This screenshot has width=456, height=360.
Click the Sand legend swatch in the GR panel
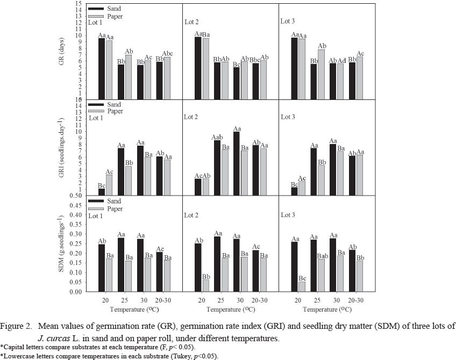96,9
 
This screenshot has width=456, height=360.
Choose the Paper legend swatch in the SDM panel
96,208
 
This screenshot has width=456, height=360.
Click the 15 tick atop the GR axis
78,3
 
